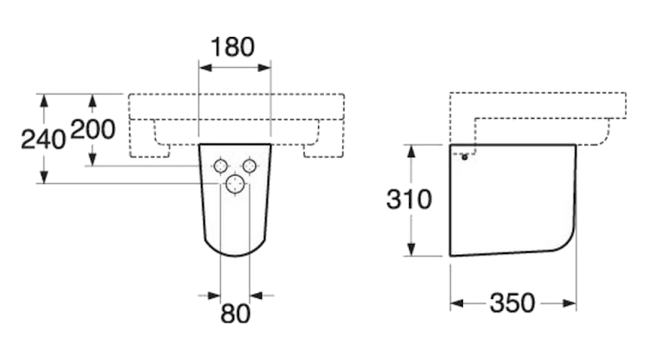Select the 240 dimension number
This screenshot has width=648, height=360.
(x=42, y=139)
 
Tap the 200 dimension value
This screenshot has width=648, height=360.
(x=93, y=130)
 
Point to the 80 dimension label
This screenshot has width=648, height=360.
(x=235, y=313)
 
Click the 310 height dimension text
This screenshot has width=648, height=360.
(x=408, y=199)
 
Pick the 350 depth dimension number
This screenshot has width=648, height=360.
(x=512, y=304)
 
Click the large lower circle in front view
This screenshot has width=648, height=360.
(x=235, y=184)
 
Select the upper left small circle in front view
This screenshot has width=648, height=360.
(x=220, y=166)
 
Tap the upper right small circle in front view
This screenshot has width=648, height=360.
(x=249, y=166)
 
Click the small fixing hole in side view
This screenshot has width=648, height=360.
(x=464, y=156)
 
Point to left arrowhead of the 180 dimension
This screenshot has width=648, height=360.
(x=203, y=68)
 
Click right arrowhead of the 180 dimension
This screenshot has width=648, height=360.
(x=266, y=68)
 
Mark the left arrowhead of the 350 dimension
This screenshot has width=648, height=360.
(x=456, y=304)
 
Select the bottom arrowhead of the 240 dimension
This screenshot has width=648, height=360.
(x=44, y=178)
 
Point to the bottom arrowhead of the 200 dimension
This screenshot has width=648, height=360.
(x=93, y=161)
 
